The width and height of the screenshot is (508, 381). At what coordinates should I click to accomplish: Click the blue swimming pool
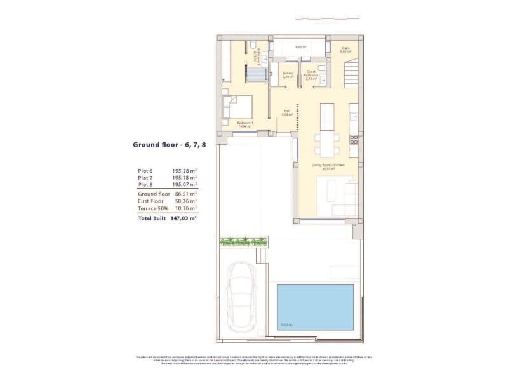(316, 307)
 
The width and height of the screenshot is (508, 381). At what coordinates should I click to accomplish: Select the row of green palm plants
(243, 241)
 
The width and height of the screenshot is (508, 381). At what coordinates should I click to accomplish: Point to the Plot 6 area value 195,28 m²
(184, 171)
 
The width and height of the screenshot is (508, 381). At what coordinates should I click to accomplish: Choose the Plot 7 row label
(145, 178)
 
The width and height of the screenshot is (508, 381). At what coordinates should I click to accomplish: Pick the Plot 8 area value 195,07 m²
(184, 185)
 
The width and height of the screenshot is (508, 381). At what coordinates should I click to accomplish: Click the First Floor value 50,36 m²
(184, 200)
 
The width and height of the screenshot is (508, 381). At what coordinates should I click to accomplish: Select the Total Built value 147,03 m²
(184, 217)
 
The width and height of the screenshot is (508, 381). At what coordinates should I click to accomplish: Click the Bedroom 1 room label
(244, 124)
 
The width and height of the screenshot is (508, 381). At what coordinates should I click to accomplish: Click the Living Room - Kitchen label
(328, 166)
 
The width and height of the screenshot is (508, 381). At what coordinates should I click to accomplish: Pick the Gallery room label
(287, 74)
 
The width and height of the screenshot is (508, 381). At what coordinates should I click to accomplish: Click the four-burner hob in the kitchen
(354, 139)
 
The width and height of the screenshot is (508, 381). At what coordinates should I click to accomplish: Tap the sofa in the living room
(347, 196)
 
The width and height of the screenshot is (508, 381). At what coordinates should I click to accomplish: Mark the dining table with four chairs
(327, 144)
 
